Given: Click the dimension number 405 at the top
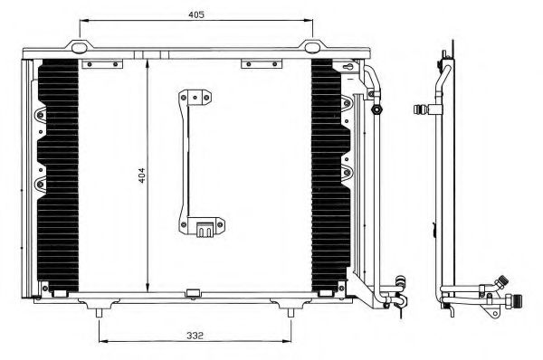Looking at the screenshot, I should pyautogui.click(x=196, y=14).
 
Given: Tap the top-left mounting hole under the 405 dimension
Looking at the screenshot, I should pyautogui.click(x=80, y=47).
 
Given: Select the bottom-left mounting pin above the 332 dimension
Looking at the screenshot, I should pyautogui.click(x=98, y=311).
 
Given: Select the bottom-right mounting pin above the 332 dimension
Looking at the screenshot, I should pyautogui.click(x=291, y=311).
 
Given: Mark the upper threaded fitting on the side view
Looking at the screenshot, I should pyautogui.click(x=420, y=110).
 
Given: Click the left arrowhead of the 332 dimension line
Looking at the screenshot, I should pyautogui.click(x=100, y=340).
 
